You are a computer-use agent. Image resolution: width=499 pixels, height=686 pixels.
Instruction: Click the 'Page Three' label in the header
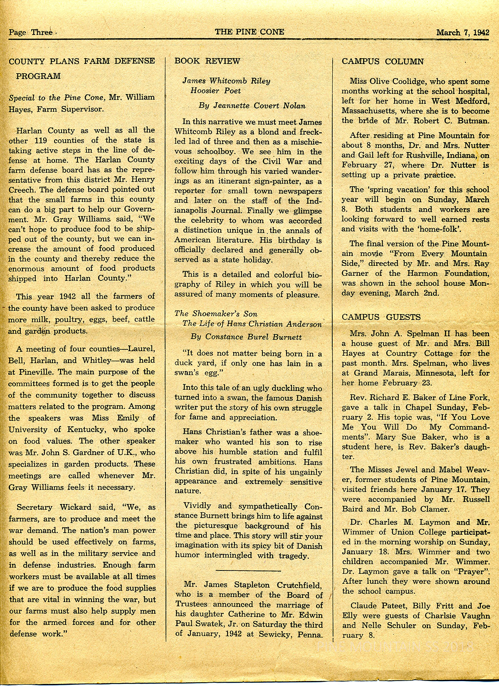30,32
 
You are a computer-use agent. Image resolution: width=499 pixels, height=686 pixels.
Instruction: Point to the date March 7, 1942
462,33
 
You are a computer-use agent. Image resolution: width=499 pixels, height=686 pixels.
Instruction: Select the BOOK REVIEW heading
207,61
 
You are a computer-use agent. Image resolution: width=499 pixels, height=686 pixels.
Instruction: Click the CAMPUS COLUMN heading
383,61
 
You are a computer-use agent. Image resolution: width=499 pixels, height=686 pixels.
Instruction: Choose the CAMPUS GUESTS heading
381,317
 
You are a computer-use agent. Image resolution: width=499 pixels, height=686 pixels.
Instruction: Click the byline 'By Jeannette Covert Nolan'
252,106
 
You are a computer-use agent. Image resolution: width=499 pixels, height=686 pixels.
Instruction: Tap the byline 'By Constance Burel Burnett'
246,337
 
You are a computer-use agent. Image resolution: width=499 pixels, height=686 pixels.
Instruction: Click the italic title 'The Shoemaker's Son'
216,314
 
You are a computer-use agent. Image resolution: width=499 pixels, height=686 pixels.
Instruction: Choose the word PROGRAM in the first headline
38,76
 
